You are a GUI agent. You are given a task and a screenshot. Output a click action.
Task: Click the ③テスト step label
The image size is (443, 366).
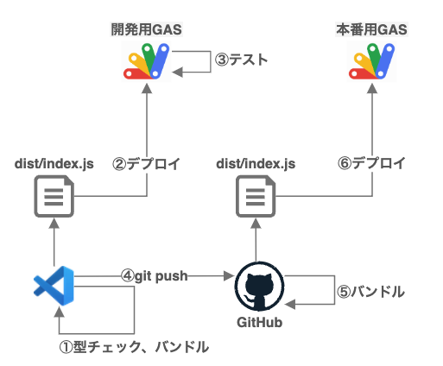pos(241,60)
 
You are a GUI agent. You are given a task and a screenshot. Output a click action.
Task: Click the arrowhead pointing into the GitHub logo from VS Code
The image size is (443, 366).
pos(231,276)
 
